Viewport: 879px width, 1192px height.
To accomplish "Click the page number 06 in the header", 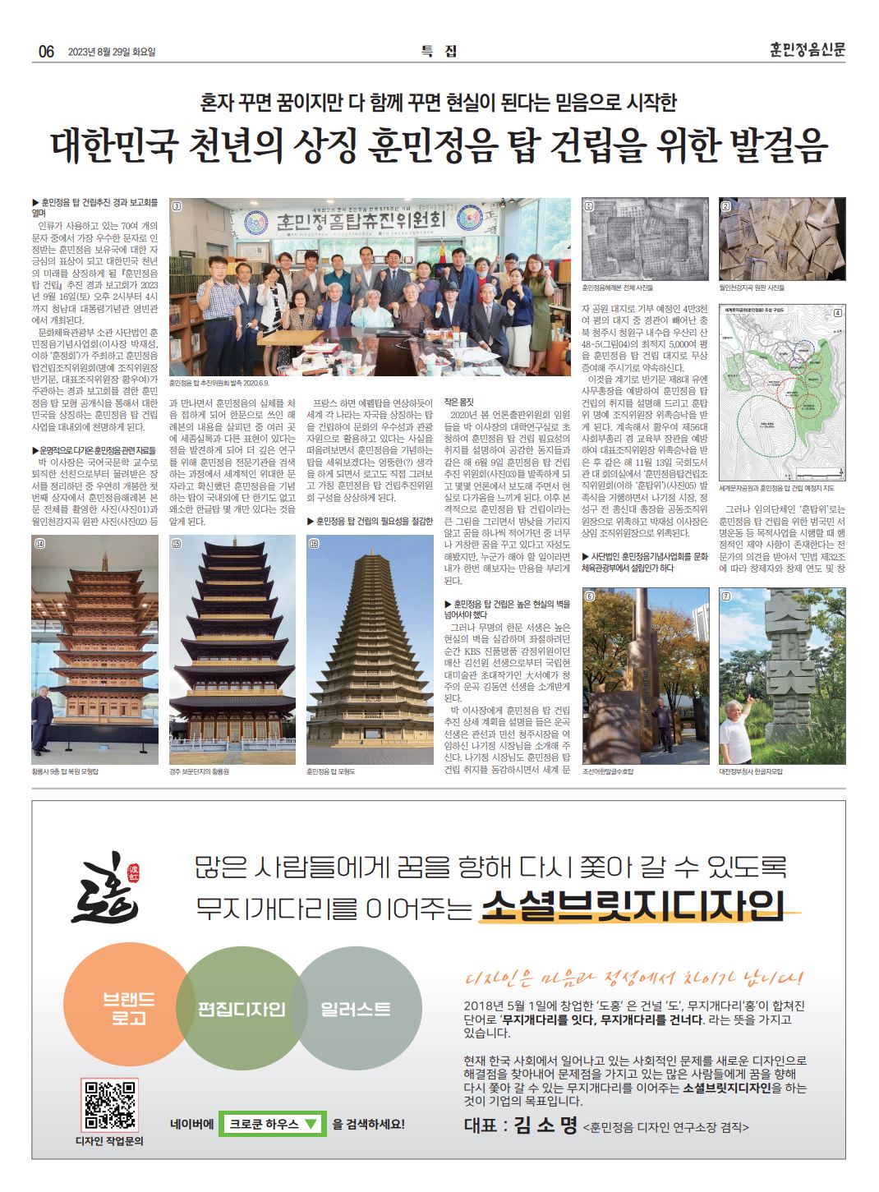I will (x=45, y=51).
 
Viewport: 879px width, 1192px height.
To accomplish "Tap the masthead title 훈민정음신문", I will (x=802, y=49).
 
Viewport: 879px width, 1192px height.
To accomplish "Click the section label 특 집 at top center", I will (x=439, y=51).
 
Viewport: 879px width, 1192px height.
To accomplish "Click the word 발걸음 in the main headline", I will (x=776, y=145).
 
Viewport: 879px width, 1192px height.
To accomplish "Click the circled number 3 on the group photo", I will (x=176, y=206).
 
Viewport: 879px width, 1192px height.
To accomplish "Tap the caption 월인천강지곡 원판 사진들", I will (x=752, y=288).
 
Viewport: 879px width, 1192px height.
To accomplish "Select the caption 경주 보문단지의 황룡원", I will (x=200, y=772).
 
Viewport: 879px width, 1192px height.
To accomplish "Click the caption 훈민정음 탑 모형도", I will (x=332, y=772).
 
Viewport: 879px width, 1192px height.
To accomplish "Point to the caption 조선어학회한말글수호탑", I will (x=609, y=772).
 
